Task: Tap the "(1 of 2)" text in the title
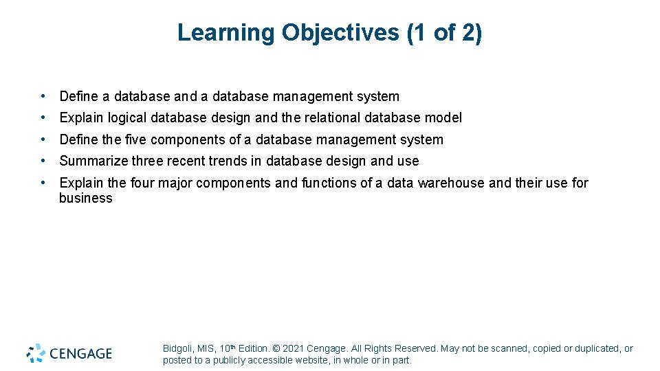pos(444,32)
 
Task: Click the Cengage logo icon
pos(36,352)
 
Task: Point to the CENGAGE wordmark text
pos(80,354)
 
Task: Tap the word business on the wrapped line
pos(85,198)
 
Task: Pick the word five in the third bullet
pos(135,139)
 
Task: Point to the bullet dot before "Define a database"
pos(43,96)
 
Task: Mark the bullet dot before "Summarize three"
pos(43,161)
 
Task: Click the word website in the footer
pos(310,360)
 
